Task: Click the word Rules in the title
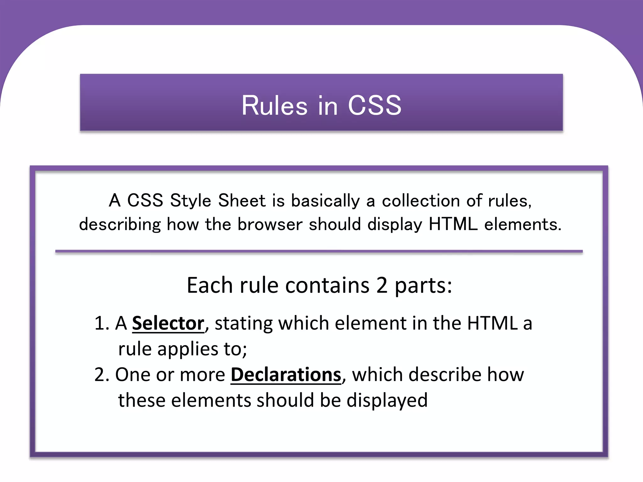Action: [x=274, y=105]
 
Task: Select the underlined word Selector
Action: [x=168, y=323]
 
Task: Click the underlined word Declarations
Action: [x=286, y=375]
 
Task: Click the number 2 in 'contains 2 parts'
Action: [x=381, y=285]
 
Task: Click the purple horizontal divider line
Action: [x=319, y=251]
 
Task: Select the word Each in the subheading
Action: [x=209, y=285]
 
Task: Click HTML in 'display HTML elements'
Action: [x=453, y=224]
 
